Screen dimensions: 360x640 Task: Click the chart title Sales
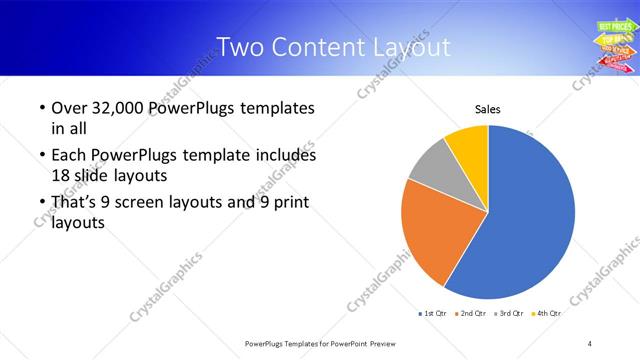(487, 109)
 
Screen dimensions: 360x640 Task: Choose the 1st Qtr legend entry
(432, 314)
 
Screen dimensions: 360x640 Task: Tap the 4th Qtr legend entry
(546, 314)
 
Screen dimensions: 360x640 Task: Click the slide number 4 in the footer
(590, 344)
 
